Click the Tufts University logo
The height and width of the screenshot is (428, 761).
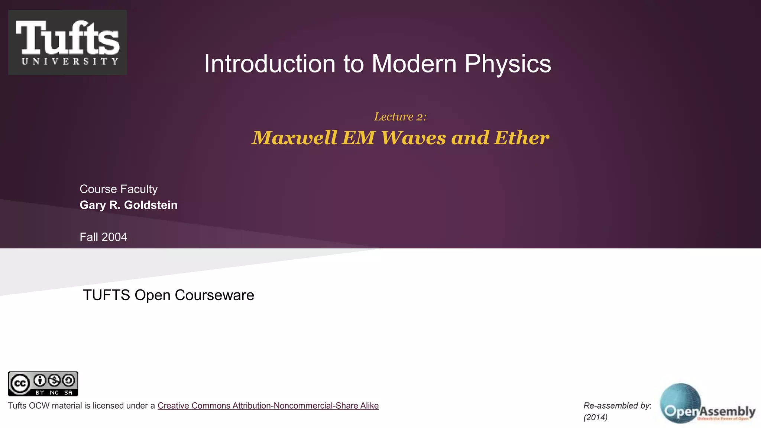coord(67,42)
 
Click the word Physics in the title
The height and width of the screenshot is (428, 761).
coord(508,64)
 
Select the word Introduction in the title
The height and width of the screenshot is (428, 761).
coord(270,64)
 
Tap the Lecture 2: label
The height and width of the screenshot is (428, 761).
coord(400,117)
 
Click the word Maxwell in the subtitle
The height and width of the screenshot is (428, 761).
coord(295,138)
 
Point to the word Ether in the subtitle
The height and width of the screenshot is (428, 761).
coord(521,138)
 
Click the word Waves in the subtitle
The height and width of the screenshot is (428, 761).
coord(413,138)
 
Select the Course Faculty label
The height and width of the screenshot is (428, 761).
coord(119,189)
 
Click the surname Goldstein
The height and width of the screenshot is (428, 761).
coord(150,205)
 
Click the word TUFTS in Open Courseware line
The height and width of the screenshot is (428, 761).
coord(106,295)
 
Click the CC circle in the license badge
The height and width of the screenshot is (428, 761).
coord(20,383)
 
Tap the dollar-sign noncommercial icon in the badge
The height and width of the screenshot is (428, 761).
coord(54,380)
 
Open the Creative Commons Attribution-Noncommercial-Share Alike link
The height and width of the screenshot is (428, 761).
coord(268,406)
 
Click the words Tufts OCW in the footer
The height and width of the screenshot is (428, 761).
coord(29,406)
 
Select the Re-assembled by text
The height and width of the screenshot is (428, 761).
coord(616,406)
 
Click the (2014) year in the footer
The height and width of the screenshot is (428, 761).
coord(595,417)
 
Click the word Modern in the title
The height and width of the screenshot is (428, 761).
coord(414,64)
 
